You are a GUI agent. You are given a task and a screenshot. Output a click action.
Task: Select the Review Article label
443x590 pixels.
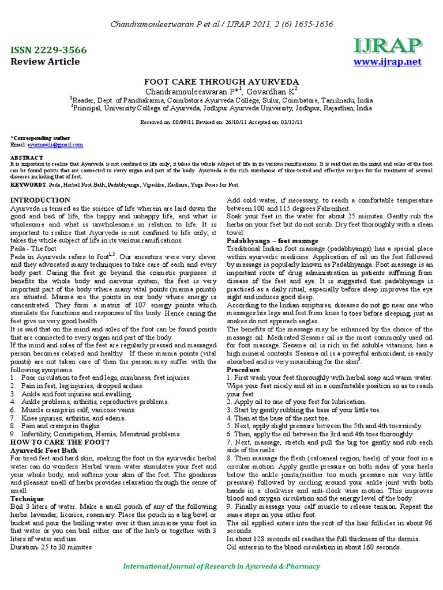pos(46,62)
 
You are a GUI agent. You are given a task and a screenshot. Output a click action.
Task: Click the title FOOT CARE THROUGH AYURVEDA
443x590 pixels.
pos(221,82)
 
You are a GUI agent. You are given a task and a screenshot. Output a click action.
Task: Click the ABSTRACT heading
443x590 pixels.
pos(27,158)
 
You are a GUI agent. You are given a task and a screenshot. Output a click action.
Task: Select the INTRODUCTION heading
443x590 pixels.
pos(40,200)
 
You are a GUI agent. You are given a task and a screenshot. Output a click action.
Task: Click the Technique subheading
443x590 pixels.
pos(27,498)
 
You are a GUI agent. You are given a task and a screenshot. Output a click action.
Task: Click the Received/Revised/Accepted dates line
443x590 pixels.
pos(221,122)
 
